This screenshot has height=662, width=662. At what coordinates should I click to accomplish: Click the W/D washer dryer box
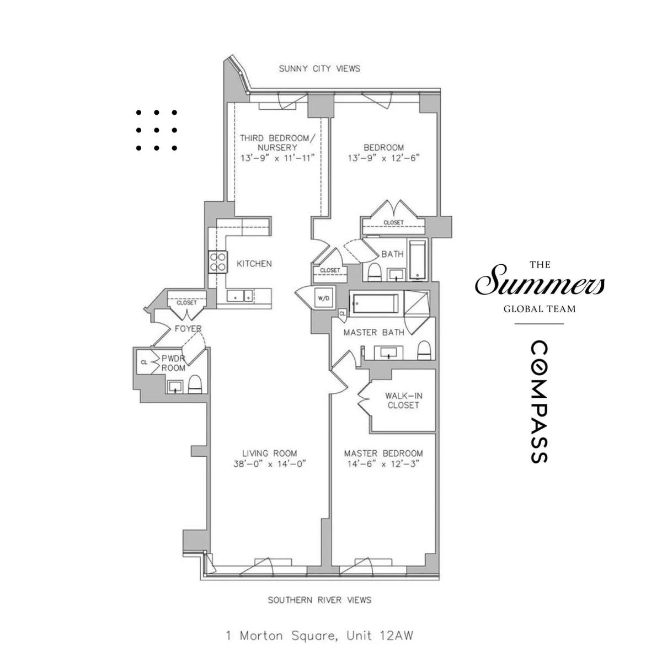point(323,298)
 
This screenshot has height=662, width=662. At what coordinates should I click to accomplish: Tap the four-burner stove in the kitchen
point(217,261)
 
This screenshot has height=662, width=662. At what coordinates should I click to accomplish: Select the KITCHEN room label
point(254,264)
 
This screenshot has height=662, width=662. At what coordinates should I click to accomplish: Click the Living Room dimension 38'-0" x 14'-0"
point(270,464)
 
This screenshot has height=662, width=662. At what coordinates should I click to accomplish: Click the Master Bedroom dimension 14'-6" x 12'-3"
point(383,464)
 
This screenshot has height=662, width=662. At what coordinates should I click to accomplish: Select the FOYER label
point(188,329)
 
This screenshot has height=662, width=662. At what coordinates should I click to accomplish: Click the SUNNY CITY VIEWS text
point(319,68)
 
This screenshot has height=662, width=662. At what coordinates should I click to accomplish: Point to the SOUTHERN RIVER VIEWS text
point(319,600)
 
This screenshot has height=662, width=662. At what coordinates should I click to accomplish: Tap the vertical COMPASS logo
point(539,402)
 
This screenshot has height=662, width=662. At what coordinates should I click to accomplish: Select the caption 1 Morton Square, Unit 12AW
point(319,636)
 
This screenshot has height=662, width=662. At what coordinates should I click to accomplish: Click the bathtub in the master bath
point(375,303)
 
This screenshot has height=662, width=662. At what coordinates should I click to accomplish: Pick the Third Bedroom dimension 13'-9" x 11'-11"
point(277,158)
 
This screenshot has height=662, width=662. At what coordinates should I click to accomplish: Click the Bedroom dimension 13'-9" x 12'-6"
point(383,158)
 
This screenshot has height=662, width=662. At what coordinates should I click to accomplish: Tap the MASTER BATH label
point(373,333)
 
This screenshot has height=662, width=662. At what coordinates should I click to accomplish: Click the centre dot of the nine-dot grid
point(156,130)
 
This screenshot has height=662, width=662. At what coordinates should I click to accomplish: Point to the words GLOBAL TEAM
point(539,309)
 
